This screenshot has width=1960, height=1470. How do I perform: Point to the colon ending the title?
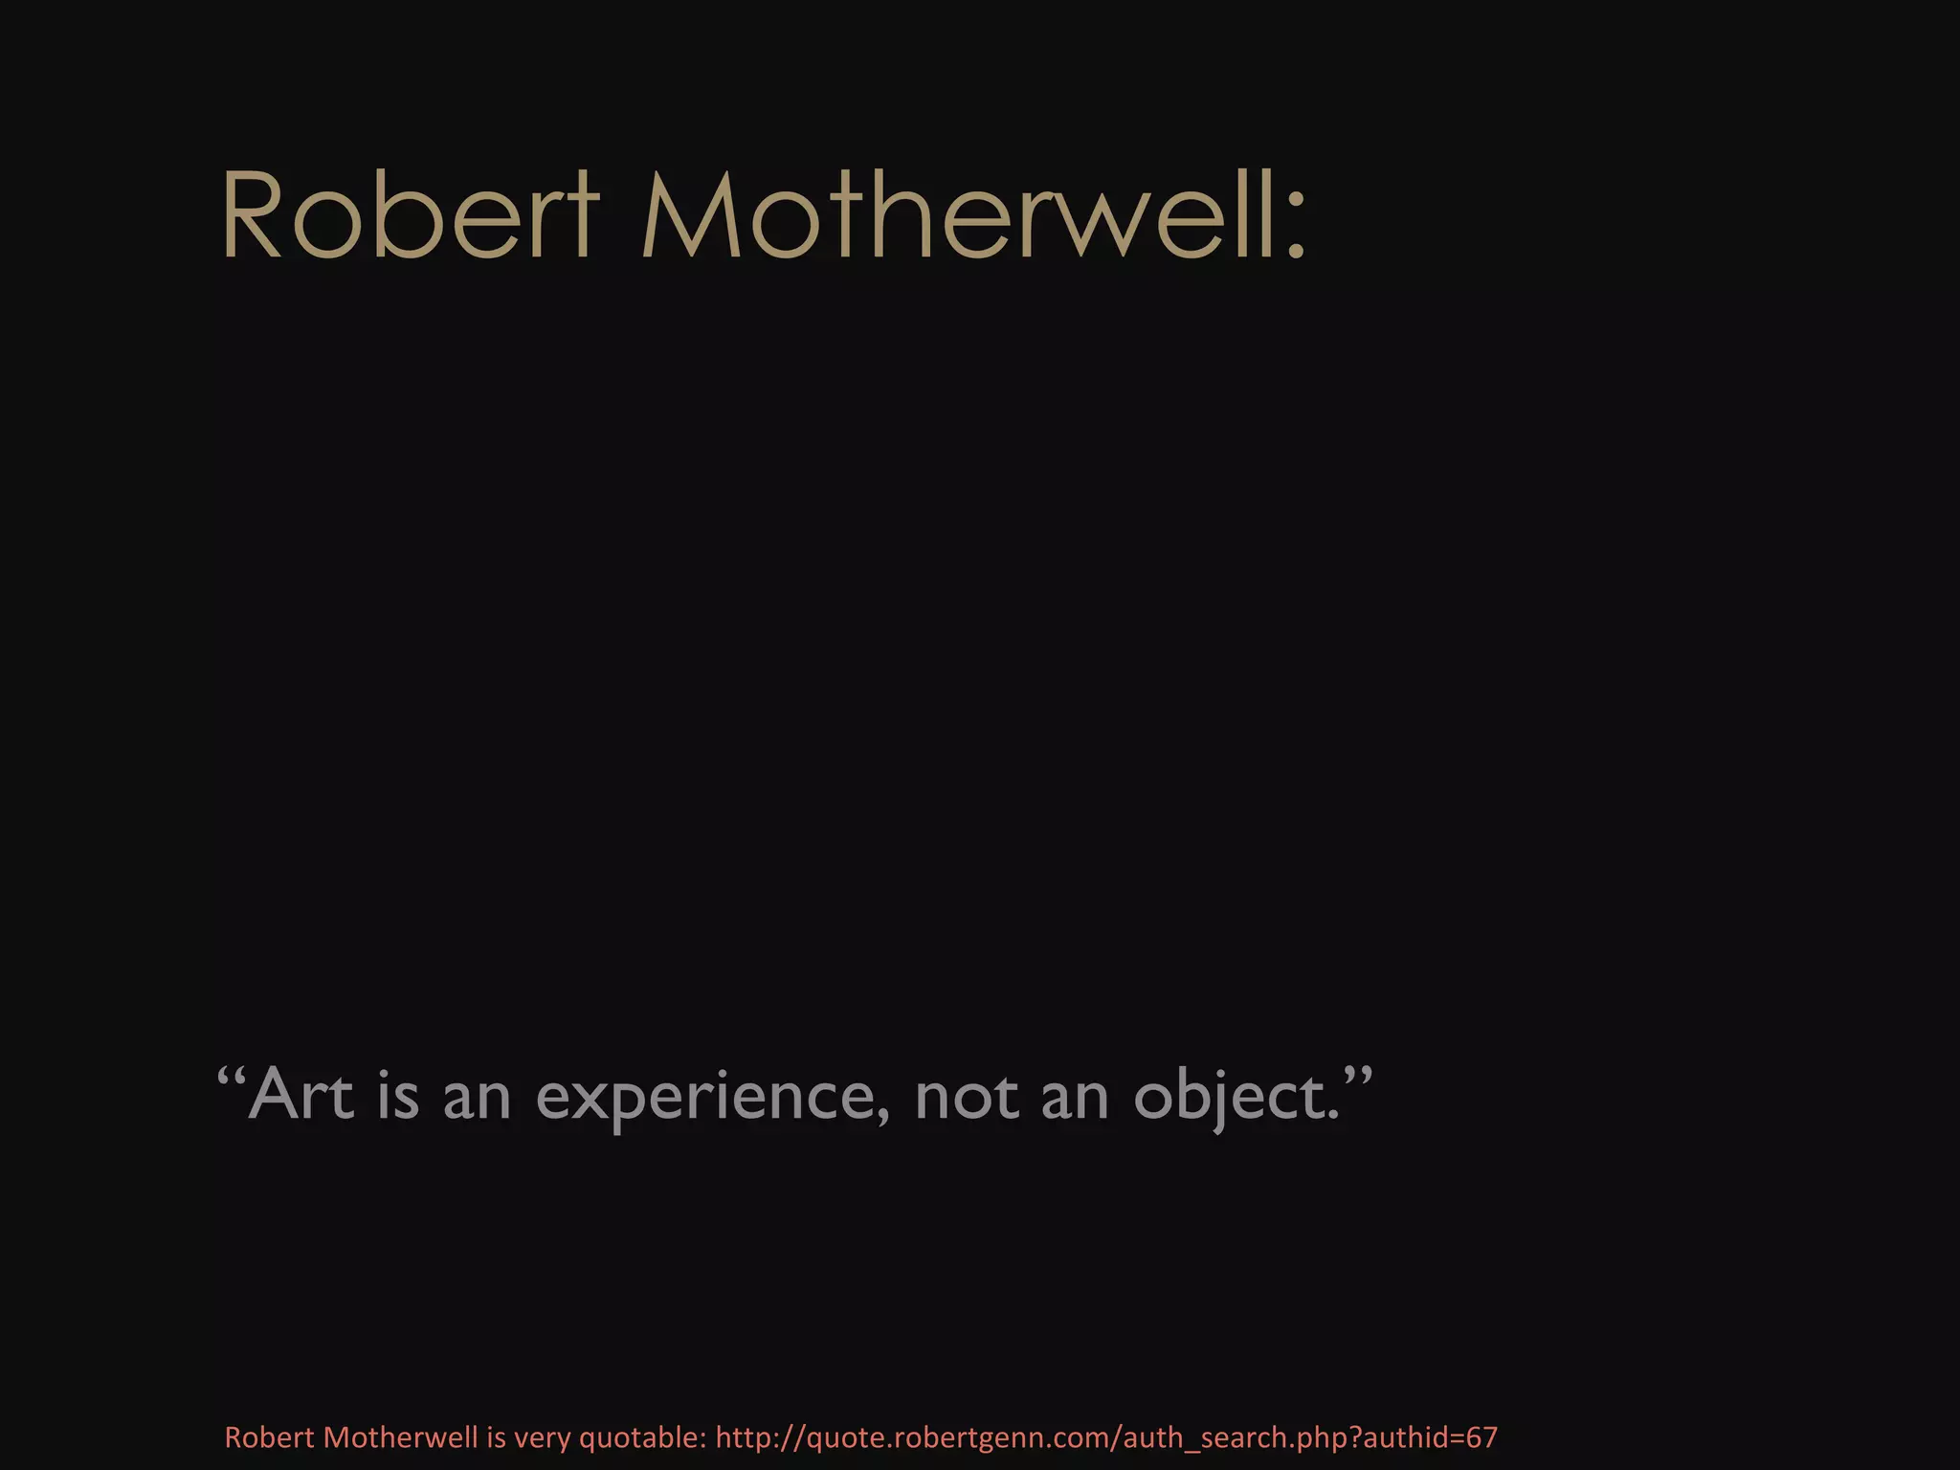click(1296, 230)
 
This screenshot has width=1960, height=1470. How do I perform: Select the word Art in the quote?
click(301, 1095)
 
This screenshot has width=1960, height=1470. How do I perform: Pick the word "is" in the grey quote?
click(398, 1095)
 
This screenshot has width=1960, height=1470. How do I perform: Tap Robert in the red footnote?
click(269, 1437)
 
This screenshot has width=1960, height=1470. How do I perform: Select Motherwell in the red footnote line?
click(401, 1437)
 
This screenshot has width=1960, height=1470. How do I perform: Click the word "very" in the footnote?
click(543, 1438)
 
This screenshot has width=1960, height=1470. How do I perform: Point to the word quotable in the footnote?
click(642, 1438)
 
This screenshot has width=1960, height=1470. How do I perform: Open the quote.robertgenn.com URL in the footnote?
click(1106, 1438)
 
